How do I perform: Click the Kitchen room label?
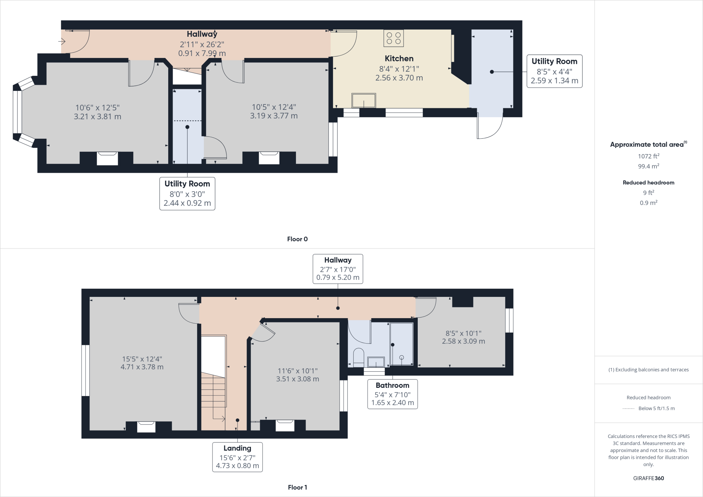tap(399, 59)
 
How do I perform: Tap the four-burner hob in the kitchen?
tap(393, 38)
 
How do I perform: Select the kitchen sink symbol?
tap(364, 101)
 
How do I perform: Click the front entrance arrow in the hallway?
tap(62, 42)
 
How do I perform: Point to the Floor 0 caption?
tap(297, 239)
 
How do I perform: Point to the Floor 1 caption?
tap(297, 487)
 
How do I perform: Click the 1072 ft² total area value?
tap(648, 156)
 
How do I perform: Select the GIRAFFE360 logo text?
tap(648, 478)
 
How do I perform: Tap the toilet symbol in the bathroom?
tap(358, 357)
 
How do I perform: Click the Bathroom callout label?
tap(392, 385)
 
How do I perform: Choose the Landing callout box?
tap(237, 457)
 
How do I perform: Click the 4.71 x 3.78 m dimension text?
tap(142, 367)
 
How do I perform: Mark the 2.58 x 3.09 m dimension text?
tap(463, 341)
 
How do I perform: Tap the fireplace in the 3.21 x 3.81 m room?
tap(107, 159)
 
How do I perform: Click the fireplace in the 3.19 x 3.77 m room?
tap(269, 158)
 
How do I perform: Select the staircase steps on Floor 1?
tap(214, 391)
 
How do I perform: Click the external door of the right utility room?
tap(490, 127)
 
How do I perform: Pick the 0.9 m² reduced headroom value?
tap(648, 203)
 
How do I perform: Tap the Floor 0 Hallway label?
tap(202, 34)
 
